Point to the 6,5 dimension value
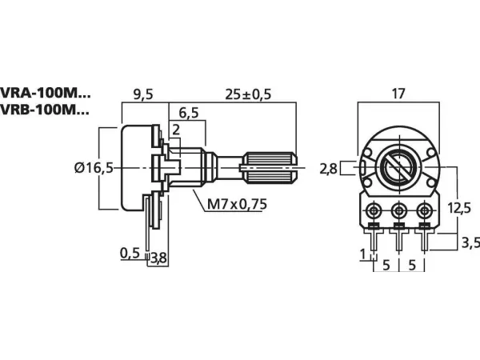coord(190,112)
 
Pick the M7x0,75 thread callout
coord(237,204)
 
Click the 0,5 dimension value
coord(130,253)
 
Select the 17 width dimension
coord(399,94)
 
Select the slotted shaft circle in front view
coord(398,168)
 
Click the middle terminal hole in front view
coord(399,211)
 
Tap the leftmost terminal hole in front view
coord(374,211)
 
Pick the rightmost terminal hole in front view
coord(424,211)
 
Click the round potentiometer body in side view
coord(136,167)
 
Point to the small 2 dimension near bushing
coord(175,130)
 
